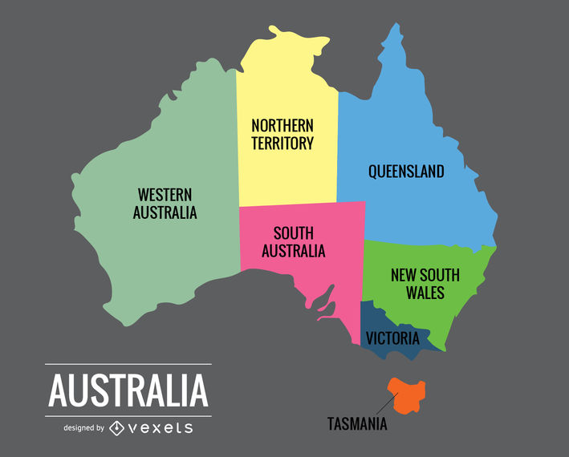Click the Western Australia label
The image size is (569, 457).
tap(165, 204)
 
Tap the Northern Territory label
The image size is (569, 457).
tap(282, 135)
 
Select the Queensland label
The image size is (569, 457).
tap(406, 172)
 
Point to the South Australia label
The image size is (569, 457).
tap(293, 242)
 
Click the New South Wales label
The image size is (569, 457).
tap(425, 284)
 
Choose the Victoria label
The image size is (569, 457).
tap(392, 338)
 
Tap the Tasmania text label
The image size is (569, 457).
tap(357, 424)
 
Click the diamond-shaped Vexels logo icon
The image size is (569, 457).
tap(117, 427)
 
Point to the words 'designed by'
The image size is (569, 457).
tap(83, 428)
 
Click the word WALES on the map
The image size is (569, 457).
tap(425, 293)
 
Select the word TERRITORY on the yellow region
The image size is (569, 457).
tap(282, 144)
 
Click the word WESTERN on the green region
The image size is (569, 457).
tap(165, 194)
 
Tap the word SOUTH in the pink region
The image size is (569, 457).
tap(293, 233)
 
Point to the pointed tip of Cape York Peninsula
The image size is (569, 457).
tap(394, 26)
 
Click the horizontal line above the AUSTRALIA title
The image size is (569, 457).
tap(128, 364)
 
